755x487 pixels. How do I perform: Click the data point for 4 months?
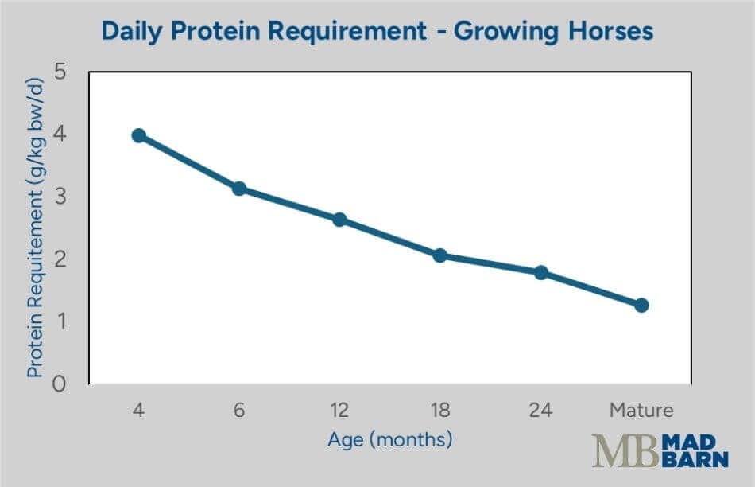tap(138, 135)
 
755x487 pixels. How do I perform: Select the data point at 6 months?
tap(238, 189)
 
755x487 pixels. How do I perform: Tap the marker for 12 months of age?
tap(339, 220)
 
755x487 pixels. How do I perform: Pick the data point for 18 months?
tap(440, 255)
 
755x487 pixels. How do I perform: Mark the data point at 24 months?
tap(541, 272)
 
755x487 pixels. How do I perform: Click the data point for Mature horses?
tap(641, 305)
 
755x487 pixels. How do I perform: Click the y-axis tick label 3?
tap(59, 197)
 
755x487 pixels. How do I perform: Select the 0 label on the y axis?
tap(59, 384)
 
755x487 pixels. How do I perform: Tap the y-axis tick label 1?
tap(59, 321)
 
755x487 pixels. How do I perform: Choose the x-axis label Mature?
tap(641, 411)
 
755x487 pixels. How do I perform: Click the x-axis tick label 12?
tap(339, 411)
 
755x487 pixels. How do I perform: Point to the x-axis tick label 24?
tap(541, 411)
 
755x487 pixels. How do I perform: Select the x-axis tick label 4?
tap(138, 411)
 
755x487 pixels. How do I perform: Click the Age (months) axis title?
tap(389, 439)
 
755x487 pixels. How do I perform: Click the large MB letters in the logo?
tap(625, 451)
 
